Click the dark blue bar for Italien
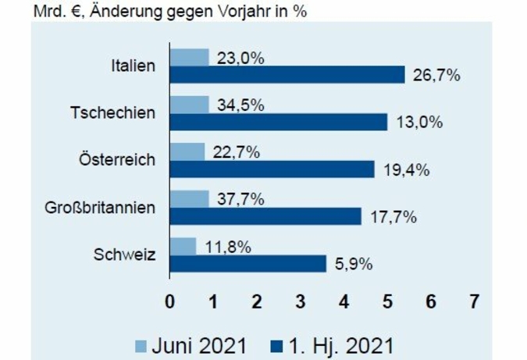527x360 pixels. [x=287, y=75]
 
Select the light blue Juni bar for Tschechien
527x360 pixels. [x=189, y=105]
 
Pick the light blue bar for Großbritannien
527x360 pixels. [x=189, y=199]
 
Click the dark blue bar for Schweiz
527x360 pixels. [x=247, y=263]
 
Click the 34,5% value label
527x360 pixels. [x=240, y=104]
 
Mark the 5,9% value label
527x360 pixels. [x=354, y=263]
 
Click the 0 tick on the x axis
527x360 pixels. [x=169, y=301]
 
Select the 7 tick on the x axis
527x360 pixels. [x=473, y=301]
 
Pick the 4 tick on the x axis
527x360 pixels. [x=344, y=301]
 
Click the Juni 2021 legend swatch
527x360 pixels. [x=140, y=344]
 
